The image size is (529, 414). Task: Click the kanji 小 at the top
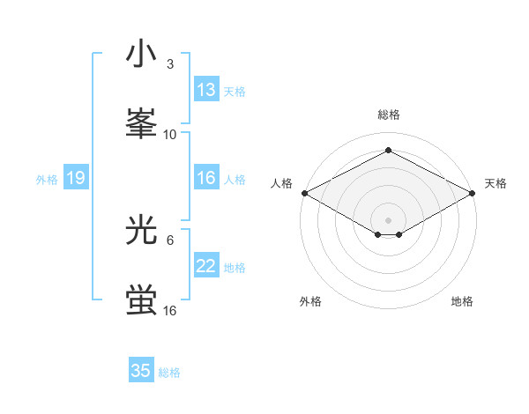pyautogui.click(x=141, y=55)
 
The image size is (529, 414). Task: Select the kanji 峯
pyautogui.click(x=141, y=123)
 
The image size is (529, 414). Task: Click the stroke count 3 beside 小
pyautogui.click(x=170, y=64)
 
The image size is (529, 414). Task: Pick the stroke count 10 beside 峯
pyautogui.click(x=170, y=134)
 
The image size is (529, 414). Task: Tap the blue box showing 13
pyautogui.click(x=206, y=90)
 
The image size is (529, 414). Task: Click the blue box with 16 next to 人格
pyautogui.click(x=206, y=178)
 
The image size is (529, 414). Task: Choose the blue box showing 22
pyautogui.click(x=206, y=266)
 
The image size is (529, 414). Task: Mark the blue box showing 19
pyautogui.click(x=76, y=178)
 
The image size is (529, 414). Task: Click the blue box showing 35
pyautogui.click(x=141, y=371)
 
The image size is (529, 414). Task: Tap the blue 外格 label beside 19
pyautogui.click(x=47, y=179)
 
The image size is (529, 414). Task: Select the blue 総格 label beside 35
pyautogui.click(x=169, y=373)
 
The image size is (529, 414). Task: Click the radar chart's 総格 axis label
pyautogui.click(x=388, y=115)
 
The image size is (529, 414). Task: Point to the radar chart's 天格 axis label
pyautogui.click(x=495, y=183)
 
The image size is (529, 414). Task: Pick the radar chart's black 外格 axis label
pyautogui.click(x=310, y=301)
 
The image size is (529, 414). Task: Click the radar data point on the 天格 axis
pyautogui.click(x=473, y=193)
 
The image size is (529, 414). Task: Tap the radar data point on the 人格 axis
pyautogui.click(x=304, y=193)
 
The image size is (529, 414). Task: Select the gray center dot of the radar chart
pyautogui.click(x=388, y=218)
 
